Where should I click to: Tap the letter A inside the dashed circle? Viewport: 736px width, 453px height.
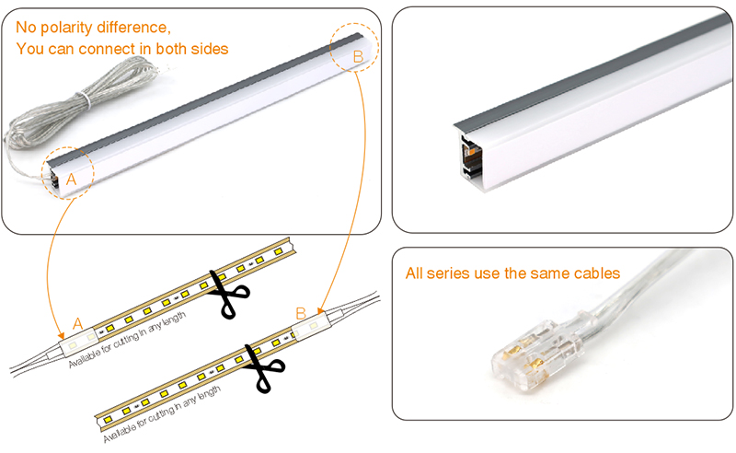70,180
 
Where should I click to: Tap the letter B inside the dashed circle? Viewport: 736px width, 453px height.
358,57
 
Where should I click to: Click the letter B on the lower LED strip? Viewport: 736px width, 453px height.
300,313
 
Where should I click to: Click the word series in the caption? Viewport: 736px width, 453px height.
451,273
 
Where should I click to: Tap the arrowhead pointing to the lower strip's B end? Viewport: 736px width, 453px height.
319,309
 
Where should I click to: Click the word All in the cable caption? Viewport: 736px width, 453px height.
416,273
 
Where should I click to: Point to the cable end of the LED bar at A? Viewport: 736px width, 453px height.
53,174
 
